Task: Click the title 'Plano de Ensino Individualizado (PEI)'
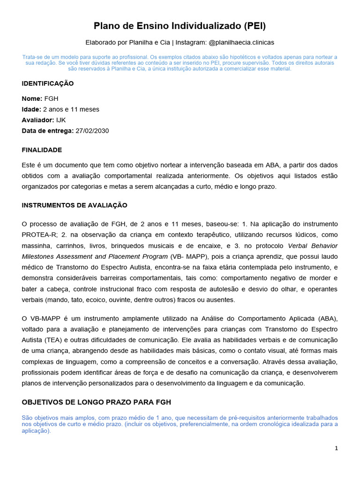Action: [x=180, y=25]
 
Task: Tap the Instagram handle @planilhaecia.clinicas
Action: [x=241, y=42]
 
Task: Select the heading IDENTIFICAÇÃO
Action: [x=48, y=83]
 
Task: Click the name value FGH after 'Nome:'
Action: [x=51, y=98]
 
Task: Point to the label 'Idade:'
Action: [x=31, y=109]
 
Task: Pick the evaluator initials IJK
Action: [x=61, y=120]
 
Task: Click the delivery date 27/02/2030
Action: [x=92, y=131]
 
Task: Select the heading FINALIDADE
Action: [x=42, y=150]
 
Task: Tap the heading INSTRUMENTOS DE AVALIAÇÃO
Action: [x=75, y=205]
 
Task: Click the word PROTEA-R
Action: [x=38, y=235]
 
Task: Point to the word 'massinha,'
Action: [x=37, y=246]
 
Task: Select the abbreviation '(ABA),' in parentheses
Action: [x=327, y=319]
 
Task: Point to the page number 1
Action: [x=336, y=448]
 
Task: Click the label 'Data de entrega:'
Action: [x=47, y=131]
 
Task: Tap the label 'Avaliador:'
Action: [x=38, y=120]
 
